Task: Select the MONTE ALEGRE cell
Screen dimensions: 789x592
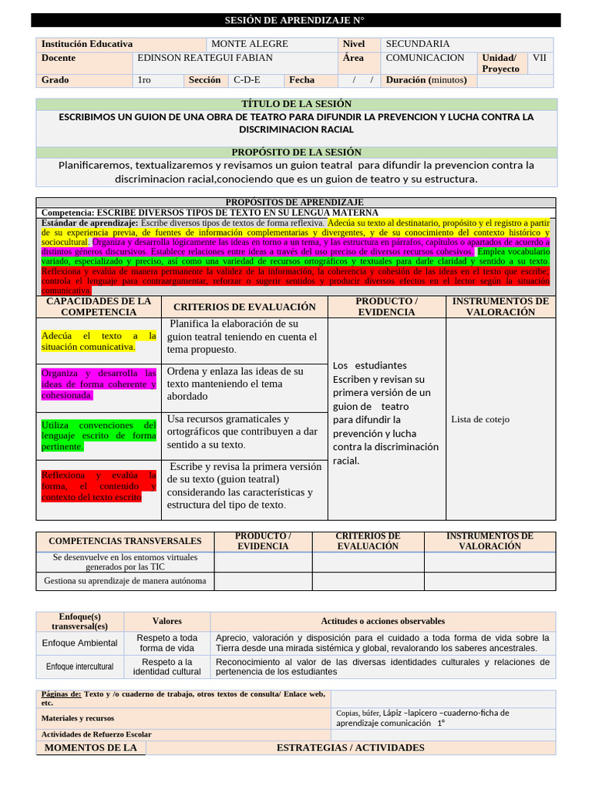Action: pyautogui.click(x=249, y=45)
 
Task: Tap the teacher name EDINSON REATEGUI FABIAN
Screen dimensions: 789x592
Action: pyautogui.click(x=204, y=58)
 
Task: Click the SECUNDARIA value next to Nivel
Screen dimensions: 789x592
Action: pyautogui.click(x=417, y=45)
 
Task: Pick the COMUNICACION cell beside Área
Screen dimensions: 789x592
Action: pyautogui.click(x=425, y=58)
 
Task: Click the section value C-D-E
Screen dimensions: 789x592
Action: pyautogui.click(x=247, y=80)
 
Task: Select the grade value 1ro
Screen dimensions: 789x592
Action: pyautogui.click(x=144, y=80)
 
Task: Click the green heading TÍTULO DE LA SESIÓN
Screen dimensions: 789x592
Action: pyautogui.click(x=296, y=104)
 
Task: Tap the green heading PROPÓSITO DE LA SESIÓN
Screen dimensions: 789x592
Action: pyautogui.click(x=296, y=153)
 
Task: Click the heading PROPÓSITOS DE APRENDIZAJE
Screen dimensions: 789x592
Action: pyautogui.click(x=296, y=202)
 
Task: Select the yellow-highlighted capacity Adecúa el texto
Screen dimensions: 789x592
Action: pyautogui.click(x=99, y=341)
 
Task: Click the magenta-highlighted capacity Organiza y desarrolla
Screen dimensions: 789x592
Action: pyautogui.click(x=99, y=384)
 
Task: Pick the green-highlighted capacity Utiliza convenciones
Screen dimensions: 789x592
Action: pyautogui.click(x=99, y=435)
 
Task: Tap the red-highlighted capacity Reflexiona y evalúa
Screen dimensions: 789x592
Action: pyautogui.click(x=99, y=486)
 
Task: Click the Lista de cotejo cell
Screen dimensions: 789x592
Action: pyautogui.click(x=479, y=419)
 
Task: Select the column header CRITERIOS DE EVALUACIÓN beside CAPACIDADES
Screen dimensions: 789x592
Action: pyautogui.click(x=244, y=307)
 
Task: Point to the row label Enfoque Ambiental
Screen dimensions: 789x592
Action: pyautogui.click(x=80, y=643)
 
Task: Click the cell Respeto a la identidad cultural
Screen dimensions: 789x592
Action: pyautogui.click(x=167, y=666)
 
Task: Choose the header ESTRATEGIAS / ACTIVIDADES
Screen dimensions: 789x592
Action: pyautogui.click(x=350, y=748)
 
